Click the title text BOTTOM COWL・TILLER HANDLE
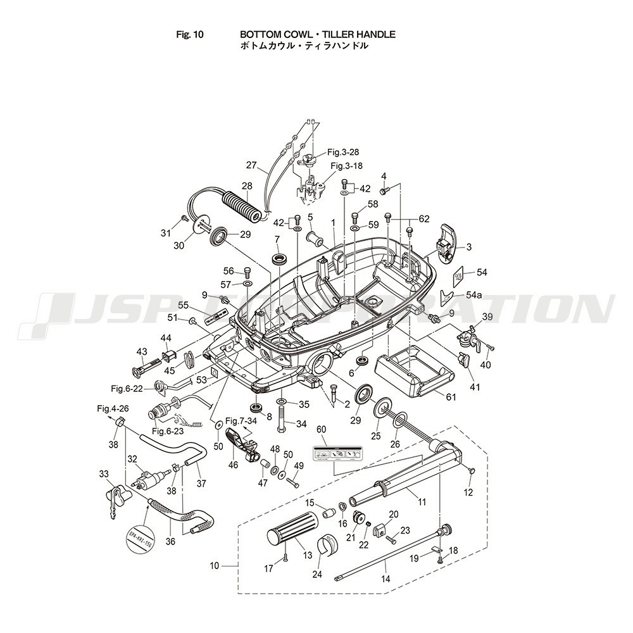tap(317, 34)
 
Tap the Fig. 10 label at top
tap(190, 34)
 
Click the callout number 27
tap(251, 166)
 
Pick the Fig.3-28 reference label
tap(342, 152)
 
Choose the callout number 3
tap(469, 247)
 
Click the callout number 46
tap(233, 465)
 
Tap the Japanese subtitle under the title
tap(304, 46)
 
